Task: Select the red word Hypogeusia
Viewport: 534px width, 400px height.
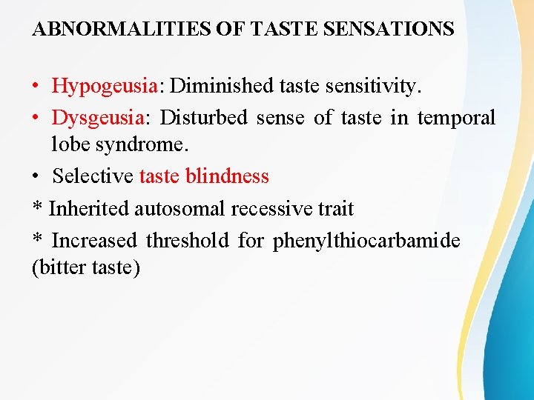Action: [x=104, y=87]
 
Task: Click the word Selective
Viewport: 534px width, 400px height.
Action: [x=93, y=176]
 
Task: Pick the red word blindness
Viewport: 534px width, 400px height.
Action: [x=227, y=176]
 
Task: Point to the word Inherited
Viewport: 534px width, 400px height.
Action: [x=89, y=209]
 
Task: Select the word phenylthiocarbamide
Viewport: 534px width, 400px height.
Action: [x=366, y=241]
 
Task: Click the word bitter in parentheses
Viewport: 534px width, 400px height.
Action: [x=62, y=267]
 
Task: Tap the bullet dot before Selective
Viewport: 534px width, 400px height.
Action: [x=36, y=177]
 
